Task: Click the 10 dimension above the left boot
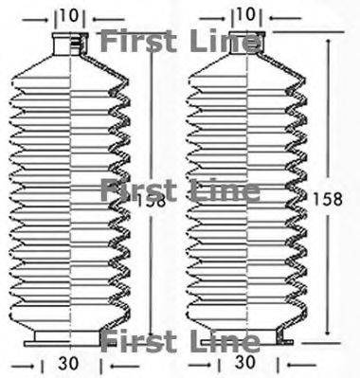tap(69, 16)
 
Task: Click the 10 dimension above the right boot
tap(245, 14)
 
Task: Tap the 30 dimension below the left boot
tap(68, 364)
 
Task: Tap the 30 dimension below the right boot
tap(244, 362)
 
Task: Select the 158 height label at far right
tap(328, 199)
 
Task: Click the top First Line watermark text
tap(180, 42)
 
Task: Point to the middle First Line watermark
tap(180, 190)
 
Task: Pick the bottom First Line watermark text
tap(180, 341)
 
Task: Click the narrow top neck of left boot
tap(70, 44)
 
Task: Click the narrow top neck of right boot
tap(246, 43)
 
